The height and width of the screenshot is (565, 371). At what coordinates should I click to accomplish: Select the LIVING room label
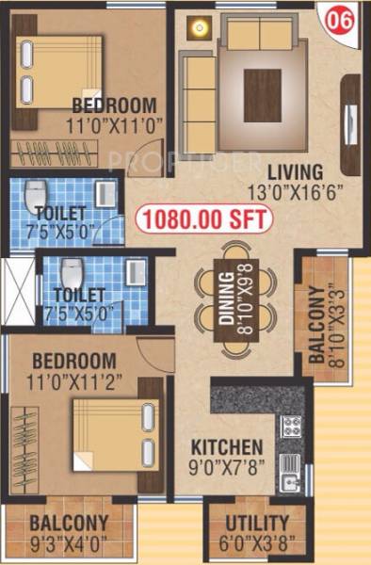tap(294, 172)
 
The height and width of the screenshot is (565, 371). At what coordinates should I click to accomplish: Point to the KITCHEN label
tap(226, 445)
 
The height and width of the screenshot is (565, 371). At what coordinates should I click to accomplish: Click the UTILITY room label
tap(256, 524)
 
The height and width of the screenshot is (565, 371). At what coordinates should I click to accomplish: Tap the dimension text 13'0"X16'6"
tap(294, 191)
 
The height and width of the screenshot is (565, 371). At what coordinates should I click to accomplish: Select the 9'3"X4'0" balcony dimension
tap(68, 542)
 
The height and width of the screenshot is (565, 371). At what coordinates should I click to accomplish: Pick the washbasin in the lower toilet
tap(137, 273)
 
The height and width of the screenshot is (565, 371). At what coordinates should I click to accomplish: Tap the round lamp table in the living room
tap(199, 27)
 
